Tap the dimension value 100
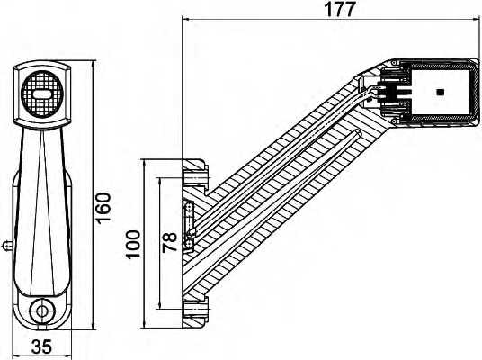click(133, 244)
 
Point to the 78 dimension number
click(169, 243)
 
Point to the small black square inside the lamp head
click(439, 92)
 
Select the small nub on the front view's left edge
click(6, 243)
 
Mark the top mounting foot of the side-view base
click(194, 170)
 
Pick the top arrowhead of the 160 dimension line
click(94, 66)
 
